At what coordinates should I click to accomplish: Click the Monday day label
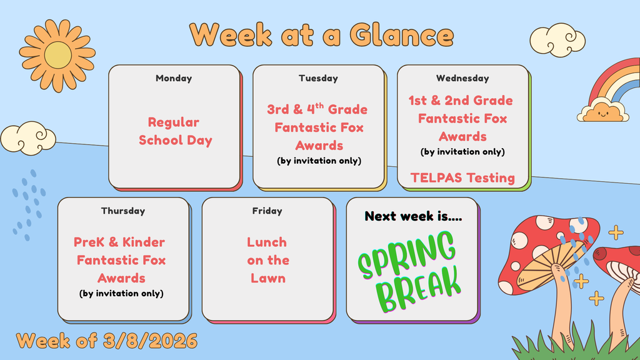point(174,78)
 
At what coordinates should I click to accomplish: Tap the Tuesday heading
point(318,78)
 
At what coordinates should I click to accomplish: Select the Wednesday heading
point(462,78)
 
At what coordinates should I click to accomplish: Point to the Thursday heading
point(123,211)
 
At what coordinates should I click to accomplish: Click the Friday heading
point(267,211)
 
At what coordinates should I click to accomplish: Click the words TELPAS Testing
point(462,178)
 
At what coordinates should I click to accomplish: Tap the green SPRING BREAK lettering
point(409,271)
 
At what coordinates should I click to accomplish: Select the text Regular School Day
point(175,131)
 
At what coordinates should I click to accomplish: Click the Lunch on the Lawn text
point(267,260)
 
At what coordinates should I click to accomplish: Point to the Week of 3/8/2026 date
point(107,341)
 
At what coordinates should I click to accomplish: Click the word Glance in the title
point(402,35)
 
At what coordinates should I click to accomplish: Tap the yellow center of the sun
point(57,55)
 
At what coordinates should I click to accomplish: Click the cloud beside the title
point(557,40)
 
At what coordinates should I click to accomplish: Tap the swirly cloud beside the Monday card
point(28,138)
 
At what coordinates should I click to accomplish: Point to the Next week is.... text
point(413,216)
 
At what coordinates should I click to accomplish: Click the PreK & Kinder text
point(119,242)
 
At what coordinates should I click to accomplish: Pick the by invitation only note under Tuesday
point(319,161)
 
